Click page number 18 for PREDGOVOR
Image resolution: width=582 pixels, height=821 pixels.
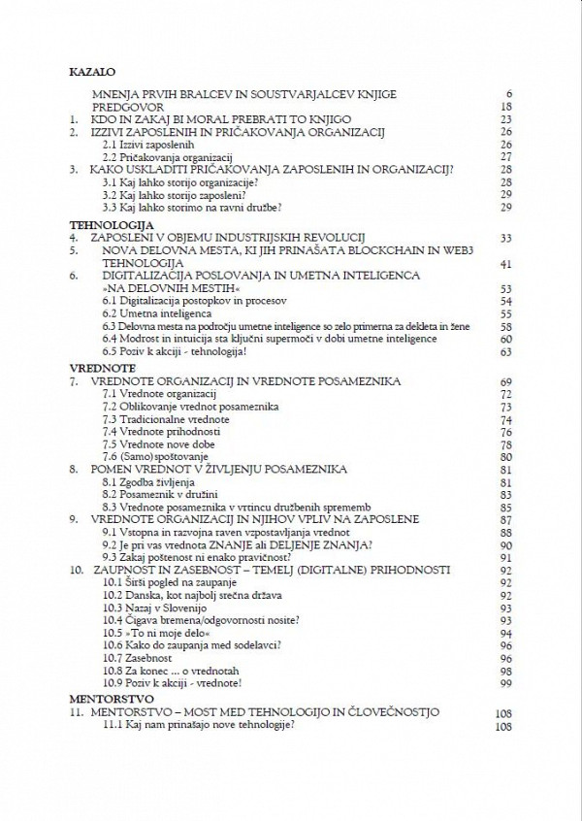pos(505,107)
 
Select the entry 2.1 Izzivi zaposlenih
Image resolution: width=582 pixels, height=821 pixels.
pos(149,143)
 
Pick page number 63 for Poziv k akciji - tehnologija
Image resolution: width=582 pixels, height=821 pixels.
pos(505,352)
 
